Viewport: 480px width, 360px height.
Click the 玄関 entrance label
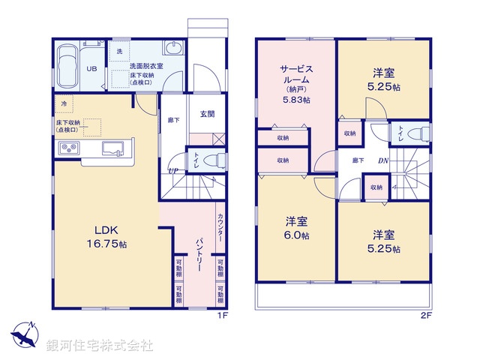click(x=207, y=114)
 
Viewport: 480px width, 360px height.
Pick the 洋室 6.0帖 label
click(x=295, y=228)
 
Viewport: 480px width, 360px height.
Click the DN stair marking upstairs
click(x=383, y=160)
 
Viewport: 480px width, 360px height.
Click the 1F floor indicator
click(x=222, y=316)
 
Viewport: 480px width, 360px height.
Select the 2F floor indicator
click(x=426, y=316)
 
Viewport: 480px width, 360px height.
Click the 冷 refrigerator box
click(x=64, y=103)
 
